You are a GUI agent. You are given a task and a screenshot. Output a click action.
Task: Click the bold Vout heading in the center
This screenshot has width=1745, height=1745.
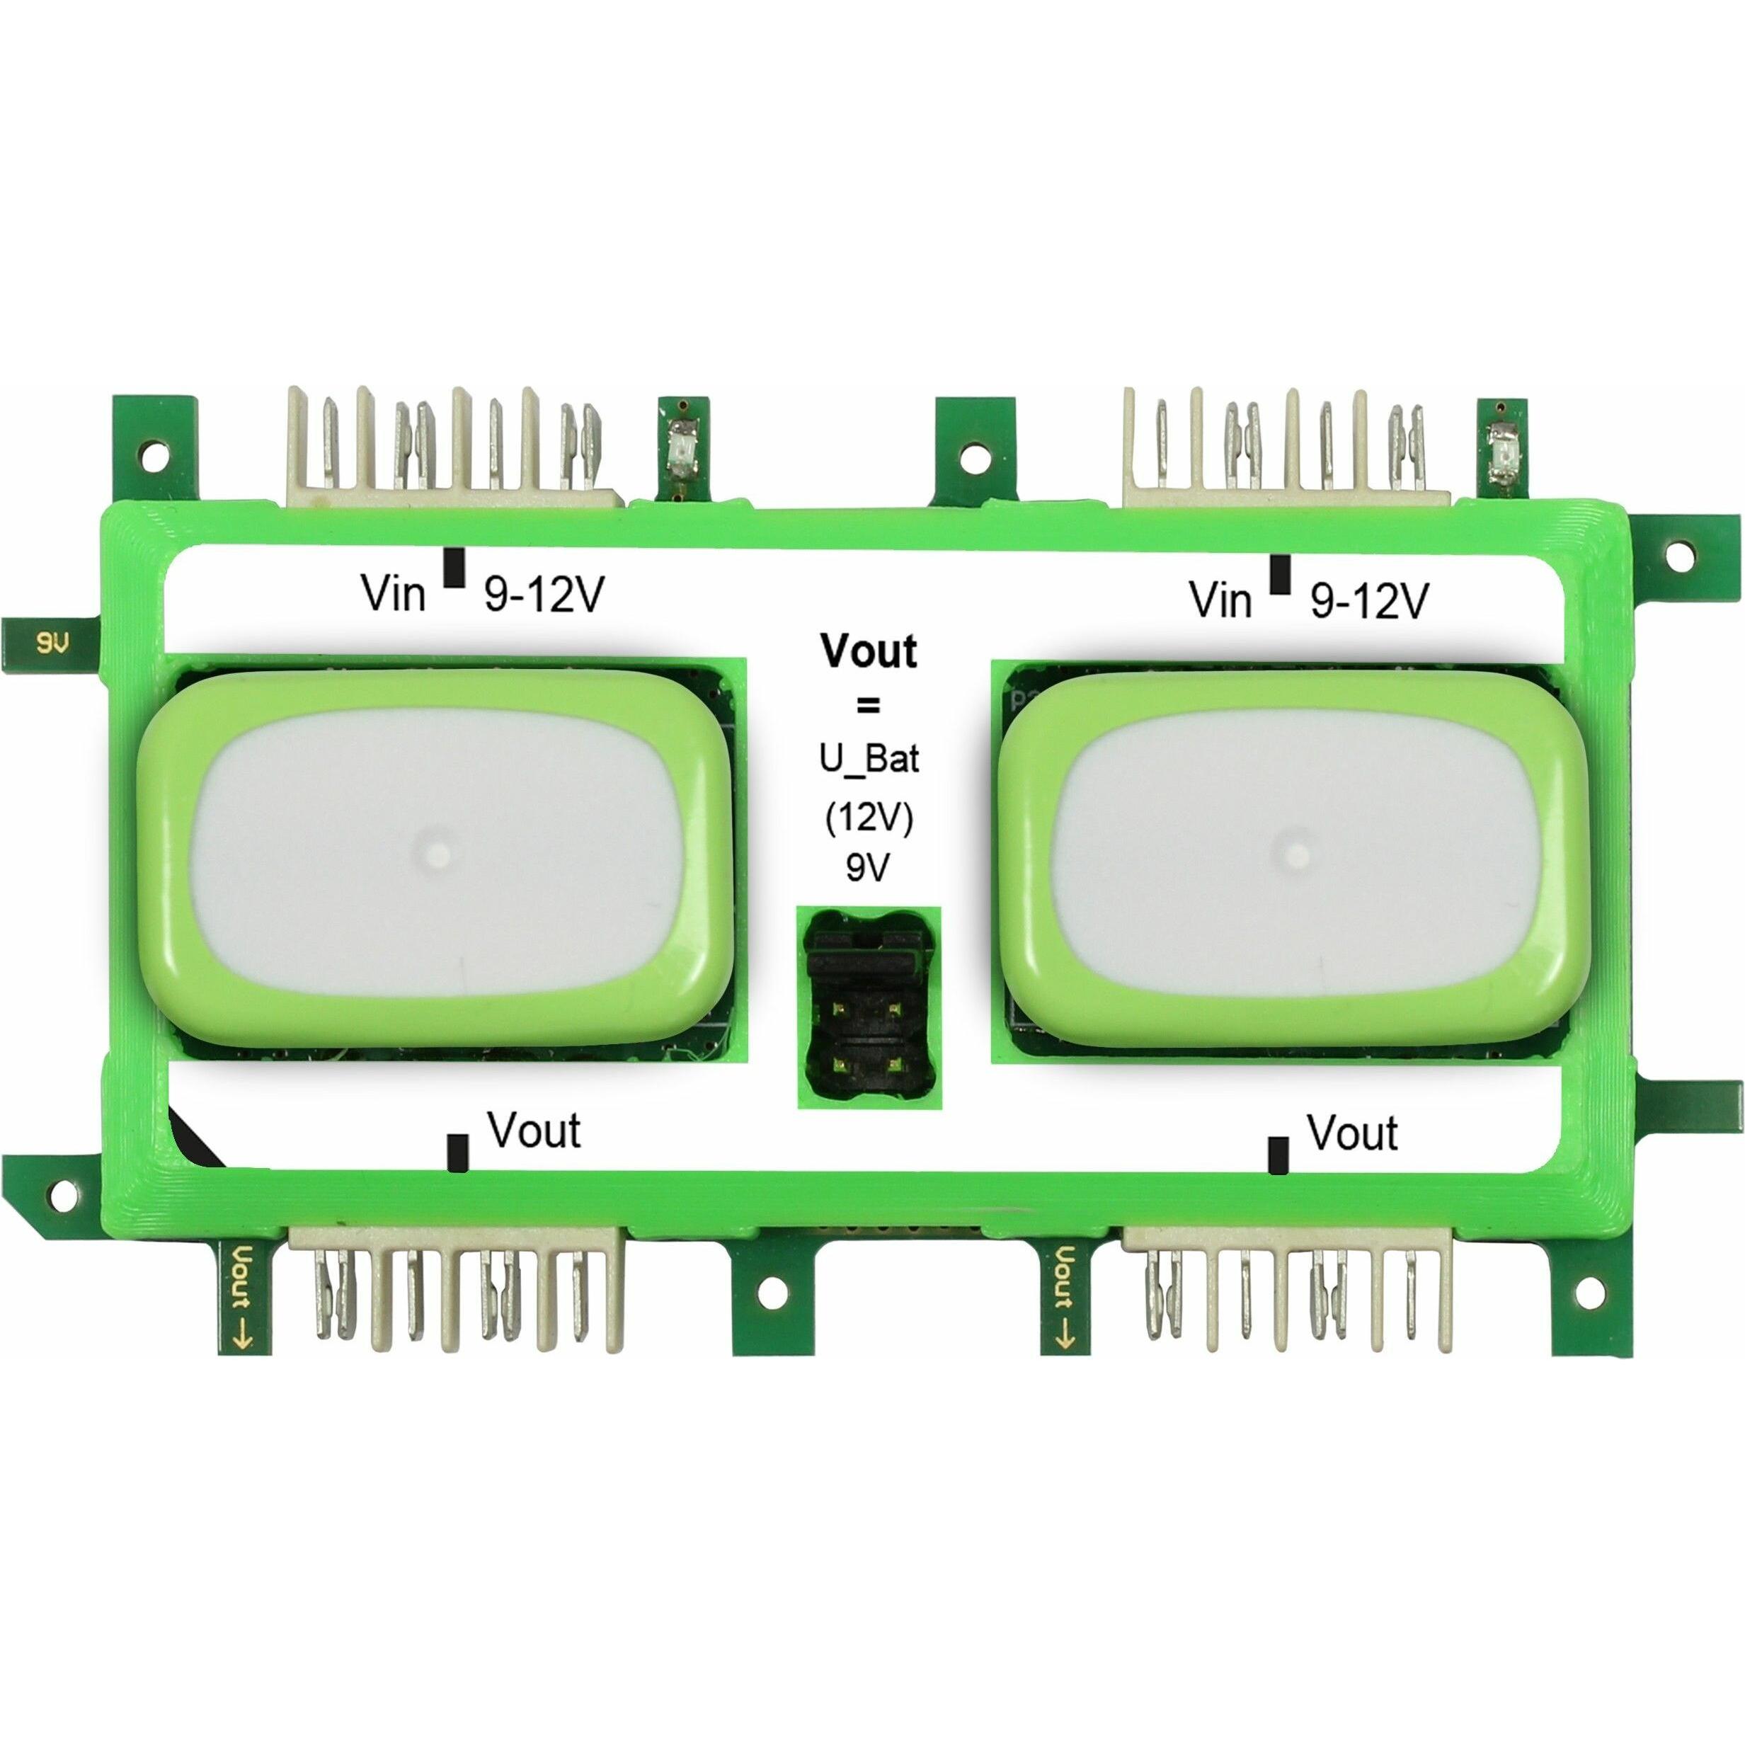coord(868,651)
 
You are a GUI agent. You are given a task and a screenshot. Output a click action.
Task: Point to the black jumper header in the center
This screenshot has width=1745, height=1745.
coord(869,1007)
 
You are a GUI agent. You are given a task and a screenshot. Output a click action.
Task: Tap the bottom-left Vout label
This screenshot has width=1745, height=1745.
coord(534,1131)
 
